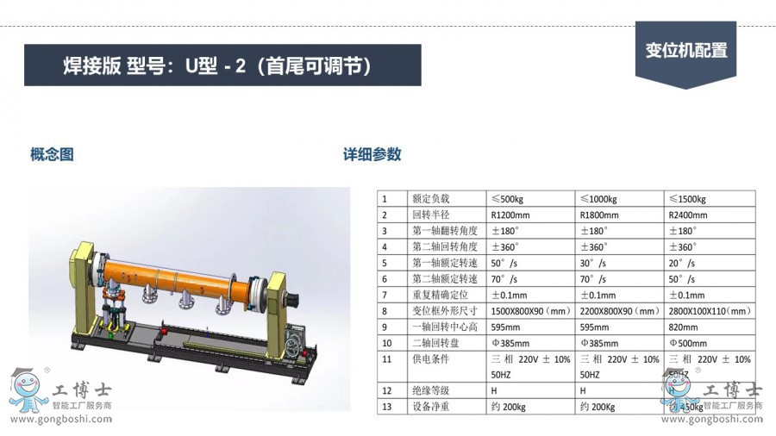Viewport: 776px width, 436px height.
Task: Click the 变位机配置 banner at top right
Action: (x=685, y=51)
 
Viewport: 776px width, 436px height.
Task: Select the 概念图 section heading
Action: (x=52, y=155)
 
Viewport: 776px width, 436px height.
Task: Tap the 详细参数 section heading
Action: (x=372, y=155)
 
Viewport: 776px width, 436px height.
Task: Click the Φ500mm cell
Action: (x=687, y=343)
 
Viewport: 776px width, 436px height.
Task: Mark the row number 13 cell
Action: (x=387, y=407)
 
